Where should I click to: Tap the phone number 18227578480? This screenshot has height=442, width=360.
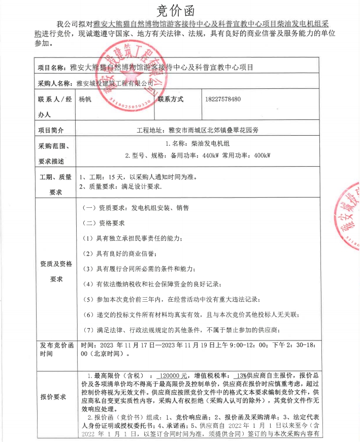tap(223, 99)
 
